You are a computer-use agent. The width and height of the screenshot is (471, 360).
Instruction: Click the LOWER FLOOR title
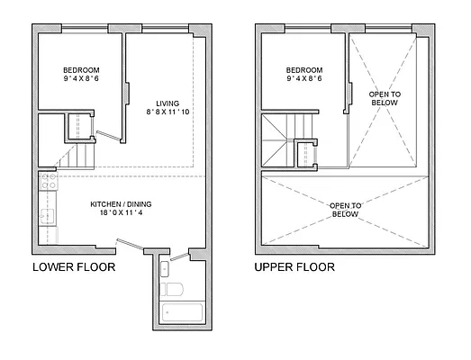click(x=75, y=267)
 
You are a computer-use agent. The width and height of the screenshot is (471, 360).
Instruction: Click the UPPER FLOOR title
click(x=294, y=267)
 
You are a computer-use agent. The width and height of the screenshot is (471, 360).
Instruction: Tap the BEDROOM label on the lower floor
click(x=81, y=70)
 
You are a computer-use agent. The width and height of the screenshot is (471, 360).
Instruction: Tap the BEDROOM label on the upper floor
click(x=304, y=70)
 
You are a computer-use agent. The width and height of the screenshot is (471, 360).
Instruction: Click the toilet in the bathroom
click(x=174, y=290)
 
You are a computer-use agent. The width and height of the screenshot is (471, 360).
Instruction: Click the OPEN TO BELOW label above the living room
click(x=385, y=97)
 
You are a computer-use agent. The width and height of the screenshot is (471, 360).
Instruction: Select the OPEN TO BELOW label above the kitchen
click(x=345, y=209)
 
